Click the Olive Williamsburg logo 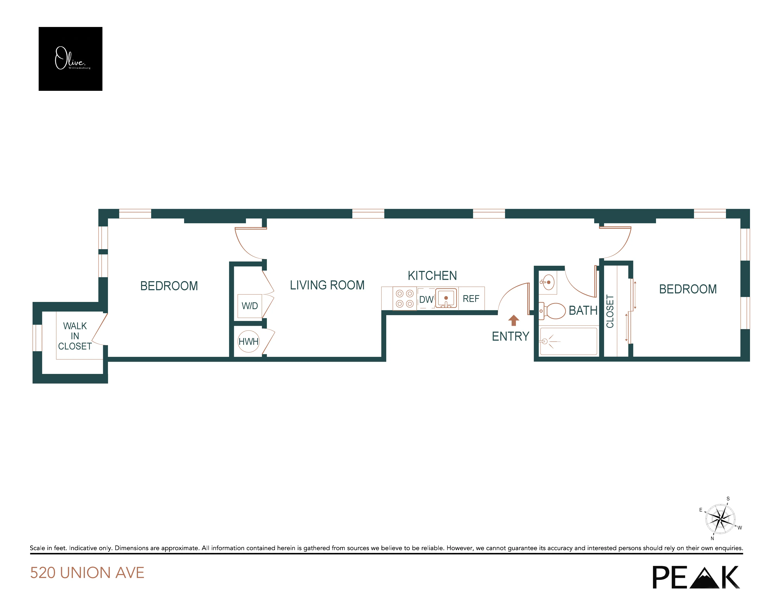pos(70,59)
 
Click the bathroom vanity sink pos(548,282)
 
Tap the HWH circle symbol pos(248,341)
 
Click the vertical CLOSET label pos(610,311)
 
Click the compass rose pos(720,519)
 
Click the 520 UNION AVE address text pos(87,573)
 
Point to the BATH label pos(583,310)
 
